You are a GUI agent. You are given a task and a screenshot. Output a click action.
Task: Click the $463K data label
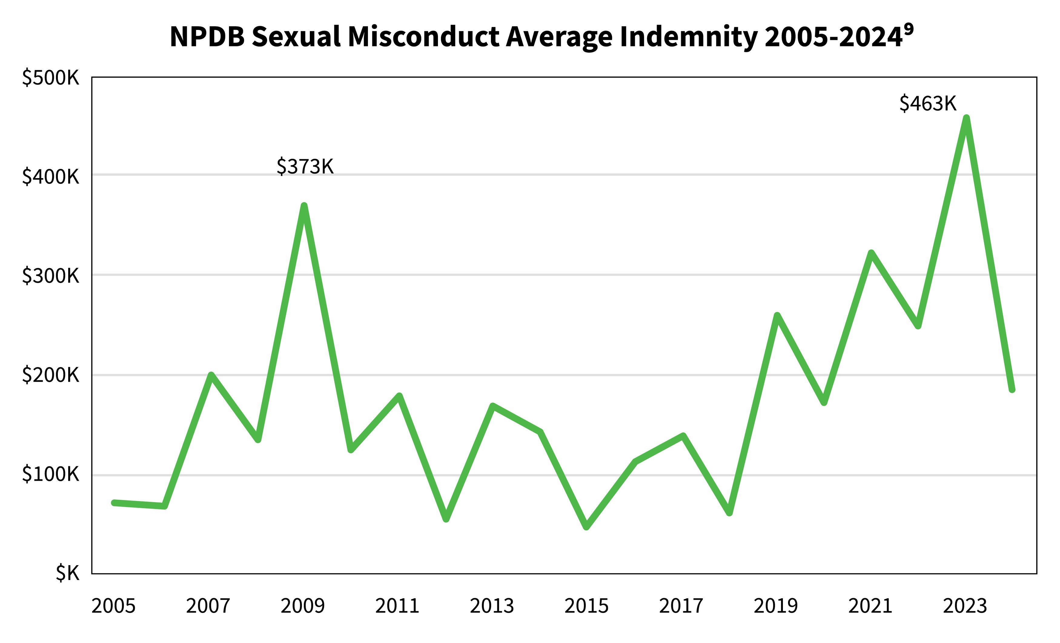tap(928, 104)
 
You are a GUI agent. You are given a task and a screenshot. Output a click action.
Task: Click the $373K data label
tap(305, 167)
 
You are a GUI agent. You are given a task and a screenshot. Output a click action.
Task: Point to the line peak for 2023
tap(966, 118)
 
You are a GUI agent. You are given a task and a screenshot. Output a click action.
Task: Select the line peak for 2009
tap(304, 206)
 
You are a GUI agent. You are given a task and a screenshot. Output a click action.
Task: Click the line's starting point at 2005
tap(114, 502)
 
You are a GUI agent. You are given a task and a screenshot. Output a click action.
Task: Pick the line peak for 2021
tap(871, 253)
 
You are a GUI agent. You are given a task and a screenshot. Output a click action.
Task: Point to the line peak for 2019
tap(777, 316)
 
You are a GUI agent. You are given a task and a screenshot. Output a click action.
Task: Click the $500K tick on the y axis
tap(51, 78)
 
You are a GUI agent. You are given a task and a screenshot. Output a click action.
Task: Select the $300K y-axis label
tap(51, 276)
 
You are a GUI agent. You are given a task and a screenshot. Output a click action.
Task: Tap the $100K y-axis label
tap(51, 474)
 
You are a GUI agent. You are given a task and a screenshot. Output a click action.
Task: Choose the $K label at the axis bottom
tap(68, 573)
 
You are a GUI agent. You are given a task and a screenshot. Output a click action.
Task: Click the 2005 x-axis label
tap(114, 606)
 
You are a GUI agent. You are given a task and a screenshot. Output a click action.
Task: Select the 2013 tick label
tap(492, 606)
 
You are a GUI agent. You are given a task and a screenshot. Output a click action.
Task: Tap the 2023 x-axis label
tap(965, 606)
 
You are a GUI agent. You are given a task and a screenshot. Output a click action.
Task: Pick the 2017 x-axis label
tap(681, 606)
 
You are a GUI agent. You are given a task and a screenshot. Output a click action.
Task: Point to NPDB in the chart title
tap(207, 37)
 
